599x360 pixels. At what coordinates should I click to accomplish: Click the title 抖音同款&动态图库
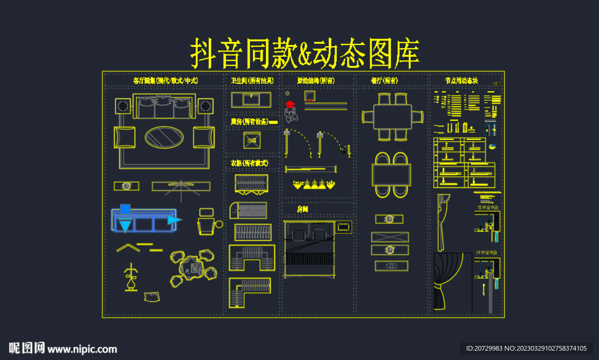[x=305, y=54]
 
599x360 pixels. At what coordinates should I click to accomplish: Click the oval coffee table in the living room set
[x=164, y=138]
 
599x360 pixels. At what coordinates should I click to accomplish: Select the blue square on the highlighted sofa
[x=125, y=208]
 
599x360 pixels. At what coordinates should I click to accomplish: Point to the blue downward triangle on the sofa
[x=125, y=225]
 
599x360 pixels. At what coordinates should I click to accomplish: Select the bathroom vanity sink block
[x=252, y=100]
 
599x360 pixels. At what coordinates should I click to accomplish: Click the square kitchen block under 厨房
[x=252, y=140]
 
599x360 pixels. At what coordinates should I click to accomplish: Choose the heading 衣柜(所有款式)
[x=249, y=163]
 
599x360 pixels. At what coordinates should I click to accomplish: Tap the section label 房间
[x=302, y=208]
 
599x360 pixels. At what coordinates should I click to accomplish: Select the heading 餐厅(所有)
[x=384, y=80]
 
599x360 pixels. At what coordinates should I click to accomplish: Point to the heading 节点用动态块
[x=462, y=80]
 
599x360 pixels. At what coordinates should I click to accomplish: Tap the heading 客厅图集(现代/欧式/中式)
[x=166, y=80]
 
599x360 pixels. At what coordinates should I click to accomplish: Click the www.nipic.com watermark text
[x=82, y=349]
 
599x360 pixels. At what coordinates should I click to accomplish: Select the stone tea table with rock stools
[x=193, y=269]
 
